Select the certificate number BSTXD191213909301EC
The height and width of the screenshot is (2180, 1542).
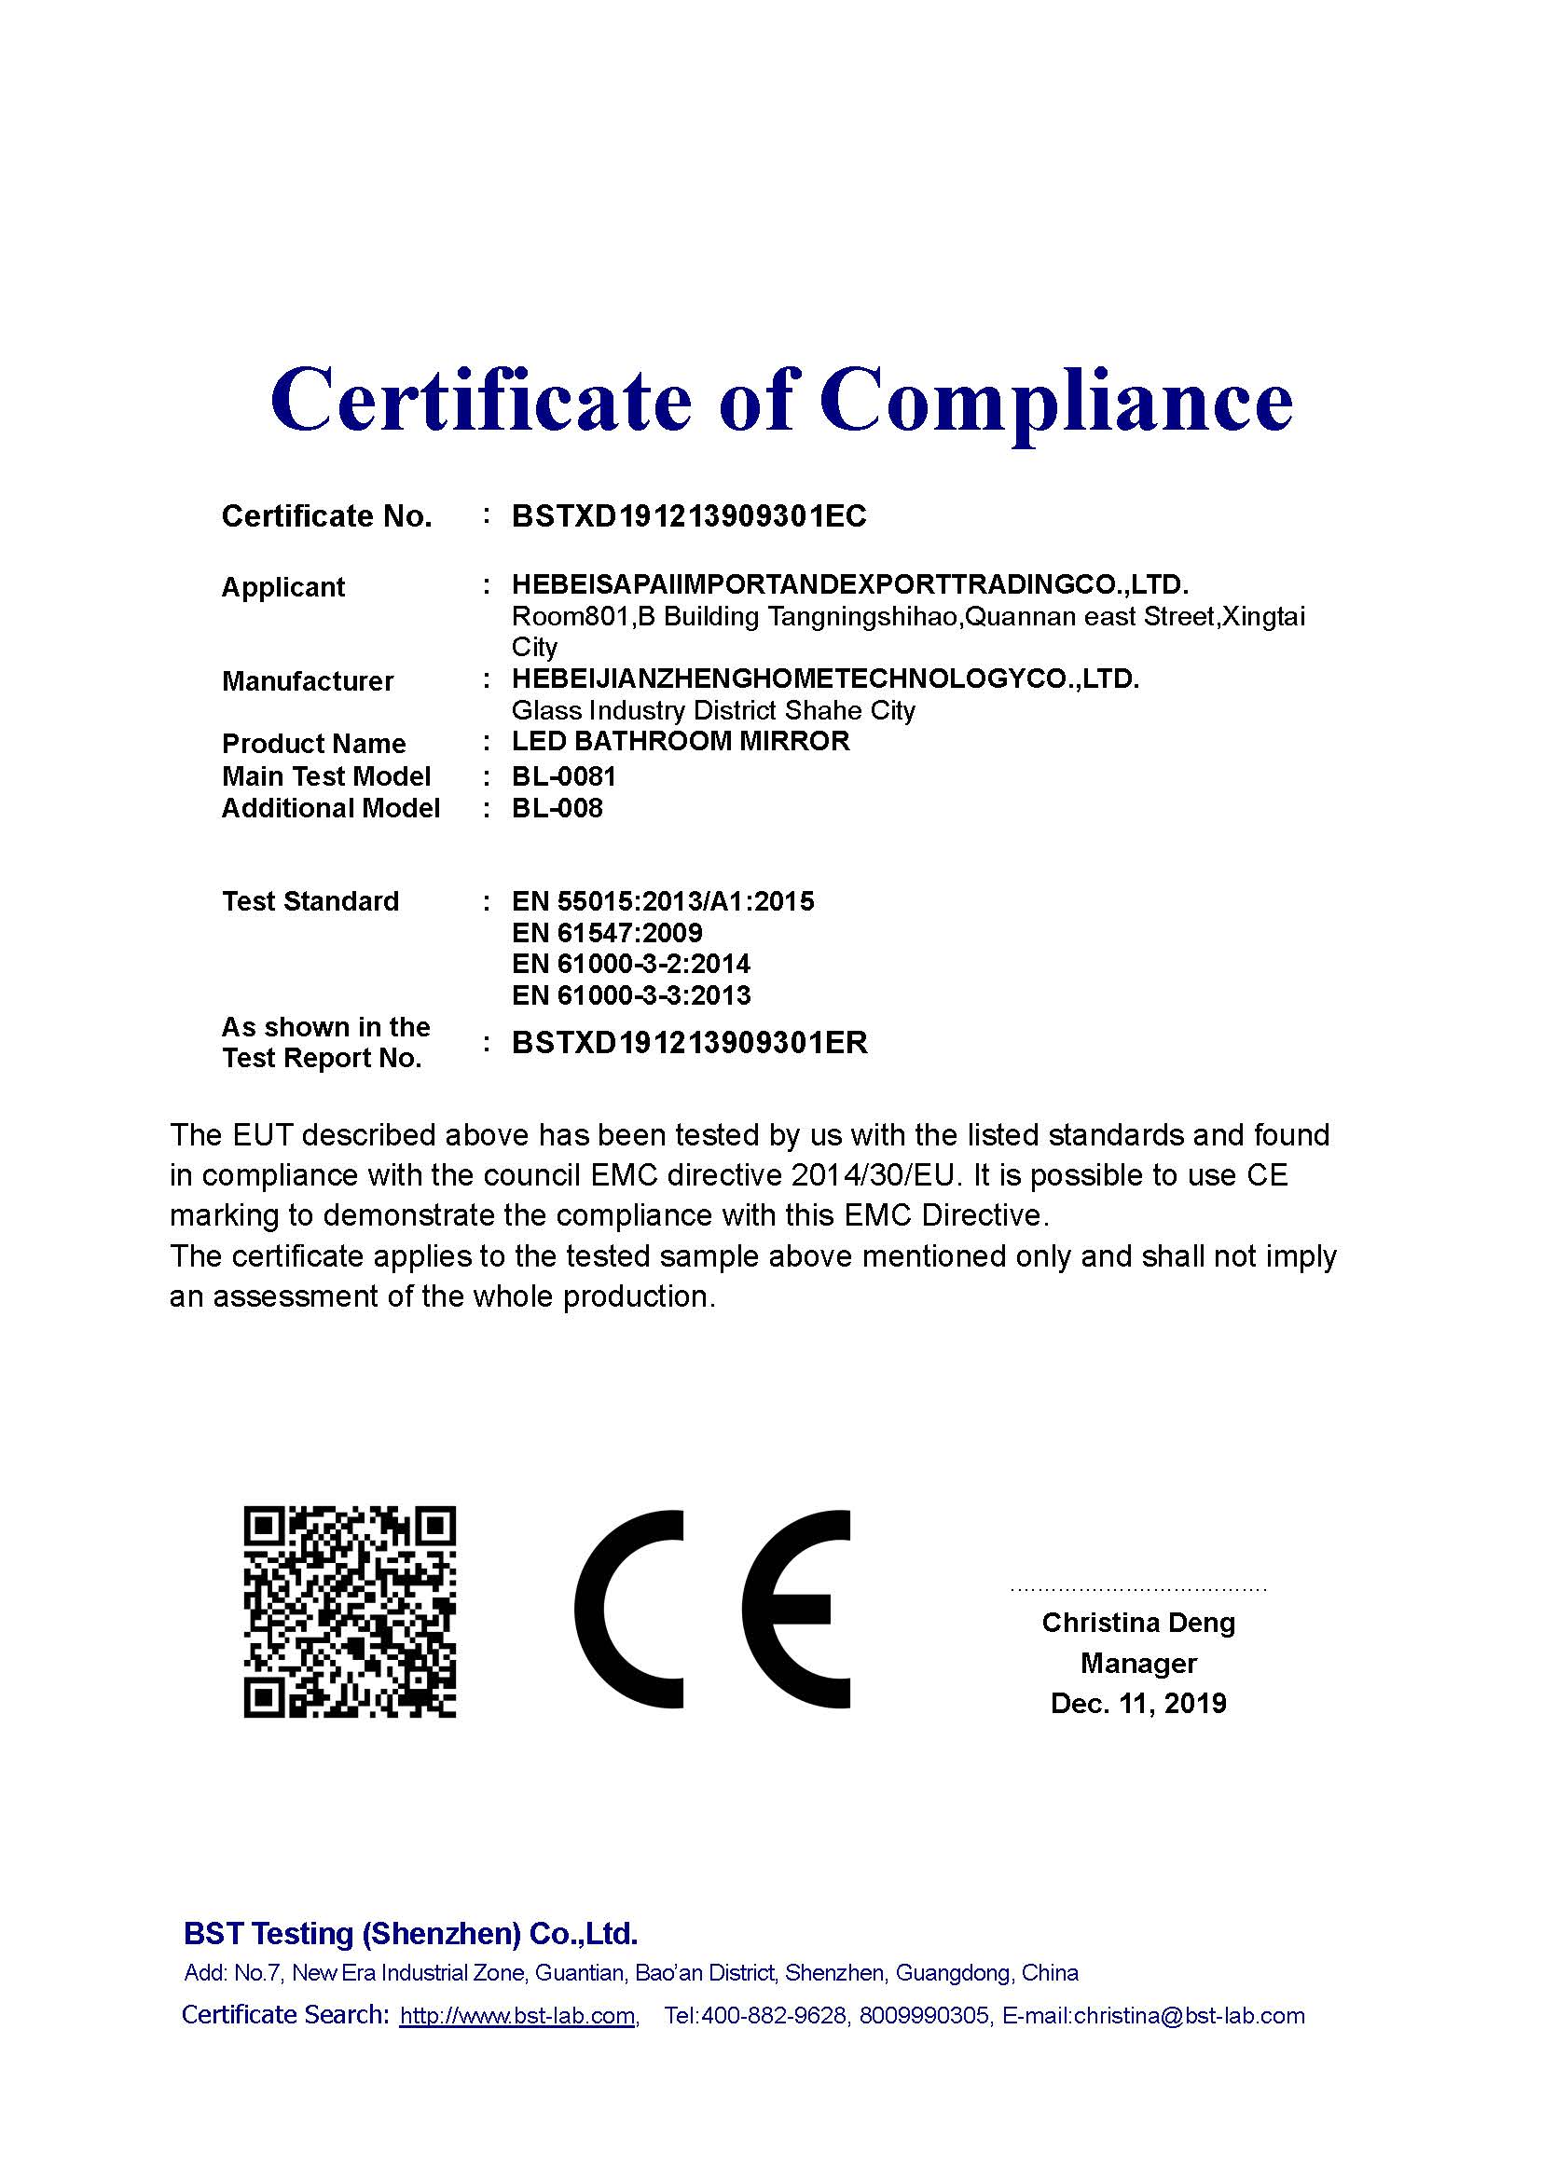pos(688,516)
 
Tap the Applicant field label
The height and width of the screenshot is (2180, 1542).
pos(283,587)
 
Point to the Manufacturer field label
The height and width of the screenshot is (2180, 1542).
pos(308,680)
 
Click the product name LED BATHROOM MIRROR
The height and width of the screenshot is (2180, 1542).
pos(681,742)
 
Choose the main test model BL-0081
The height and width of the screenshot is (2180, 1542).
pos(564,776)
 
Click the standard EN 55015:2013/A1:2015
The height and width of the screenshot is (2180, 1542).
pos(663,901)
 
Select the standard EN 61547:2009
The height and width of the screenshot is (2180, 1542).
pos(607,932)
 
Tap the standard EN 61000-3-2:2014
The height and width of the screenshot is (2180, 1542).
pos(631,964)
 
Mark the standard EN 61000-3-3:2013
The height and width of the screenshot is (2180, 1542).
pos(631,995)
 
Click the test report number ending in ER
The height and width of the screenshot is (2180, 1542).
pos(689,1043)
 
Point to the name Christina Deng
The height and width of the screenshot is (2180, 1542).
pos(1138,1623)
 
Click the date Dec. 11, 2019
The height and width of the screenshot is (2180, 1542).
pos(1138,1704)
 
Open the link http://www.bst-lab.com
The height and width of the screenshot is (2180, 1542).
pos(517,2016)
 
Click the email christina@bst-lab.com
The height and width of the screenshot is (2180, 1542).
pos(1189,2016)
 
